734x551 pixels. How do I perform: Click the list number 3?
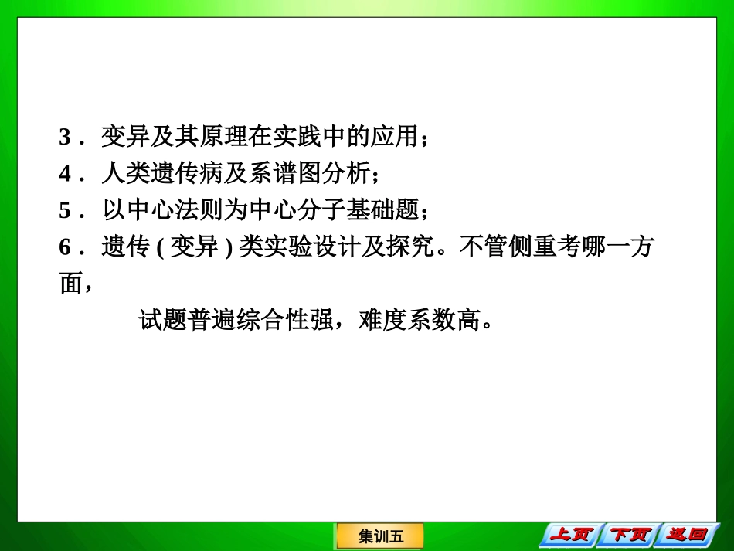[x=65, y=138]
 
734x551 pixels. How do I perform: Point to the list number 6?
[x=65, y=247]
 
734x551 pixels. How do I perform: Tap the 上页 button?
[x=572, y=534]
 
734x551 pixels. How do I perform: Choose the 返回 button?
[x=687, y=534]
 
